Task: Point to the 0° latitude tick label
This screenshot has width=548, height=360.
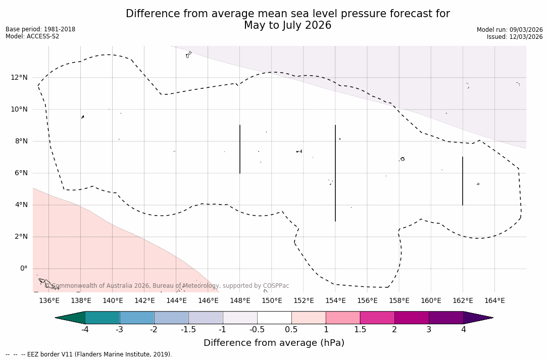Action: click(x=23, y=269)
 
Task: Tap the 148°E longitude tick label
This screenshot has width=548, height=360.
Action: click(x=240, y=301)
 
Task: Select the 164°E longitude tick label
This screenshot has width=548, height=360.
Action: click(x=494, y=301)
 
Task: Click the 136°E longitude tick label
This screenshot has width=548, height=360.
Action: click(x=49, y=301)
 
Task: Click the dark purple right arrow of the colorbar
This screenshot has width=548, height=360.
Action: click(x=477, y=318)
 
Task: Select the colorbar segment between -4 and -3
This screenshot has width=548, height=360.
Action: click(x=103, y=318)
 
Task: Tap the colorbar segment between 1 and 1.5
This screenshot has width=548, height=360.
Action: click(x=343, y=318)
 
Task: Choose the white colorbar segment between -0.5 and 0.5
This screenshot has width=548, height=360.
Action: click(x=274, y=318)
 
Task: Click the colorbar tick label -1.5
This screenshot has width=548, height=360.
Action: click(x=188, y=330)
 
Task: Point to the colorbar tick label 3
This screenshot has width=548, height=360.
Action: click(x=429, y=330)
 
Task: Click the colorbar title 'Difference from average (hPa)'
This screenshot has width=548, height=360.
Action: click(x=274, y=343)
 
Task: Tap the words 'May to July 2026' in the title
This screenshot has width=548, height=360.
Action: click(x=287, y=26)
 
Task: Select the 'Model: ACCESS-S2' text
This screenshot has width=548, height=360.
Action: click(x=32, y=36)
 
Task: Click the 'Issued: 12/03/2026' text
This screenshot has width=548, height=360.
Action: click(x=514, y=37)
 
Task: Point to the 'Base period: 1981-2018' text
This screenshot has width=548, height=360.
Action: click(x=40, y=29)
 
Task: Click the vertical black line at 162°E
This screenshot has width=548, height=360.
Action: click(x=463, y=181)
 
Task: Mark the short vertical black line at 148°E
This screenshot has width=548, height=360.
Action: click(x=240, y=149)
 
